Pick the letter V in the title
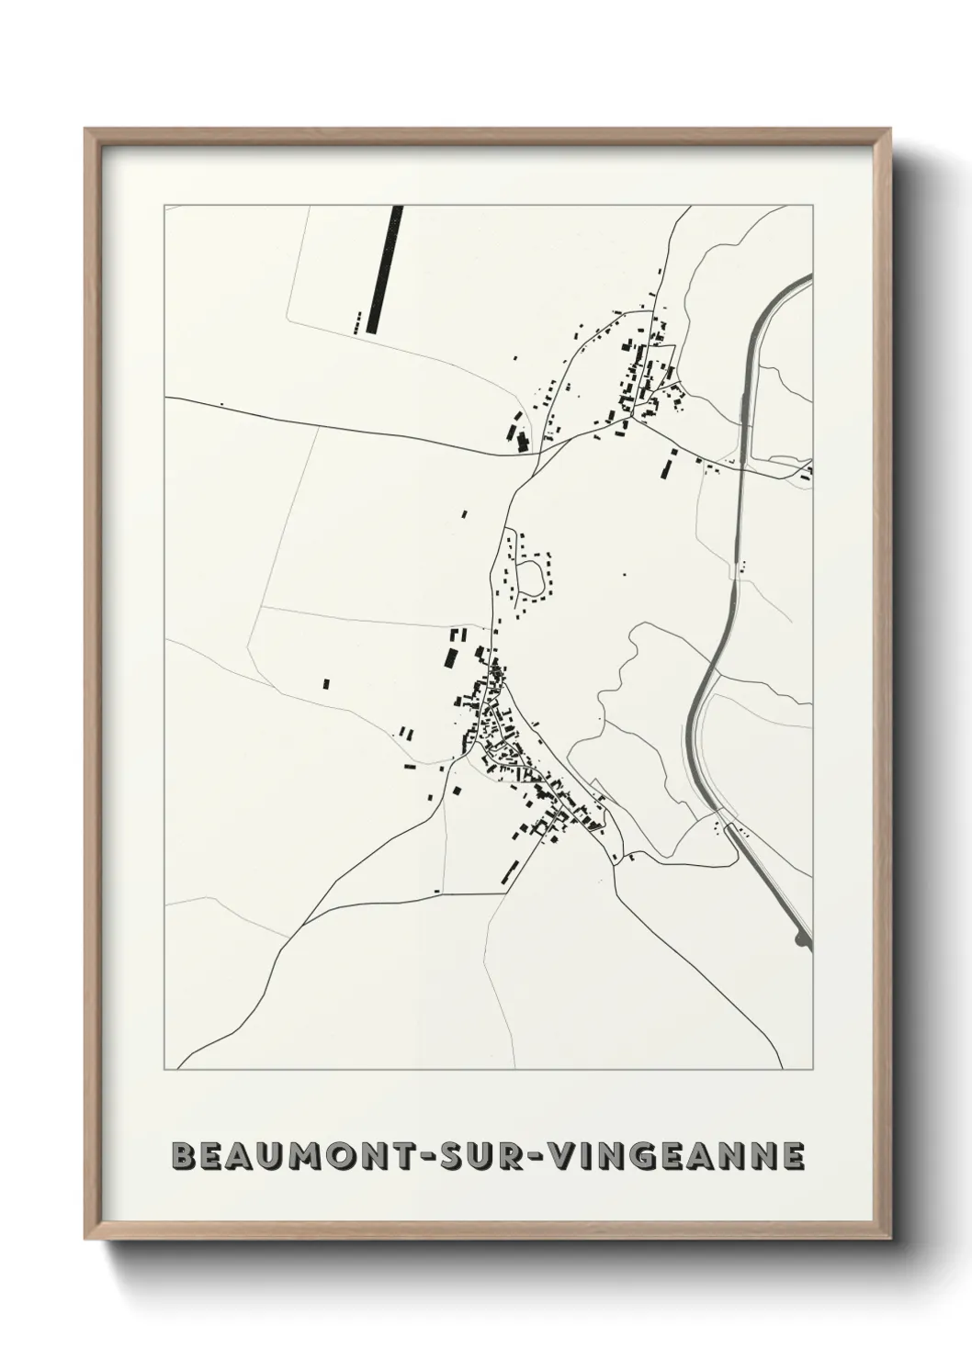(563, 1156)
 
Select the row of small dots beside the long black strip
(356, 321)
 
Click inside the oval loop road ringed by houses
(530, 577)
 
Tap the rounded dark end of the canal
(805, 938)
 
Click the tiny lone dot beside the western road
(221, 403)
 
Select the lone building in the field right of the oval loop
(624, 575)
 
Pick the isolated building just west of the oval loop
(464, 514)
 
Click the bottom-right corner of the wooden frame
(887, 1236)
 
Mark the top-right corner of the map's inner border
(812, 206)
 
